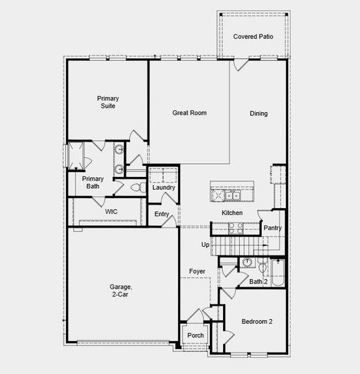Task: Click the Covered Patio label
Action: point(253,37)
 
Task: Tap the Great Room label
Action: point(189,113)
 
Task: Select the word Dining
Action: point(258,113)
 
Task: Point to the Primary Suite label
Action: point(108,102)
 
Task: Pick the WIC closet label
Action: point(111,212)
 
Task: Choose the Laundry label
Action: point(163,188)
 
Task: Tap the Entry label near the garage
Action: point(162,214)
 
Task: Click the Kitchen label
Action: point(232,213)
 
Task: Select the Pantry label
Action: point(272,228)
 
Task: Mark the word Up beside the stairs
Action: point(205,245)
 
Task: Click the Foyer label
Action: point(197,272)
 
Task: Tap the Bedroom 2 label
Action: point(257,322)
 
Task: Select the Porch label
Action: point(196,336)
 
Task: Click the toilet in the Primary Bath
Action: point(138,188)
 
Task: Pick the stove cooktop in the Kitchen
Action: point(235,229)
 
